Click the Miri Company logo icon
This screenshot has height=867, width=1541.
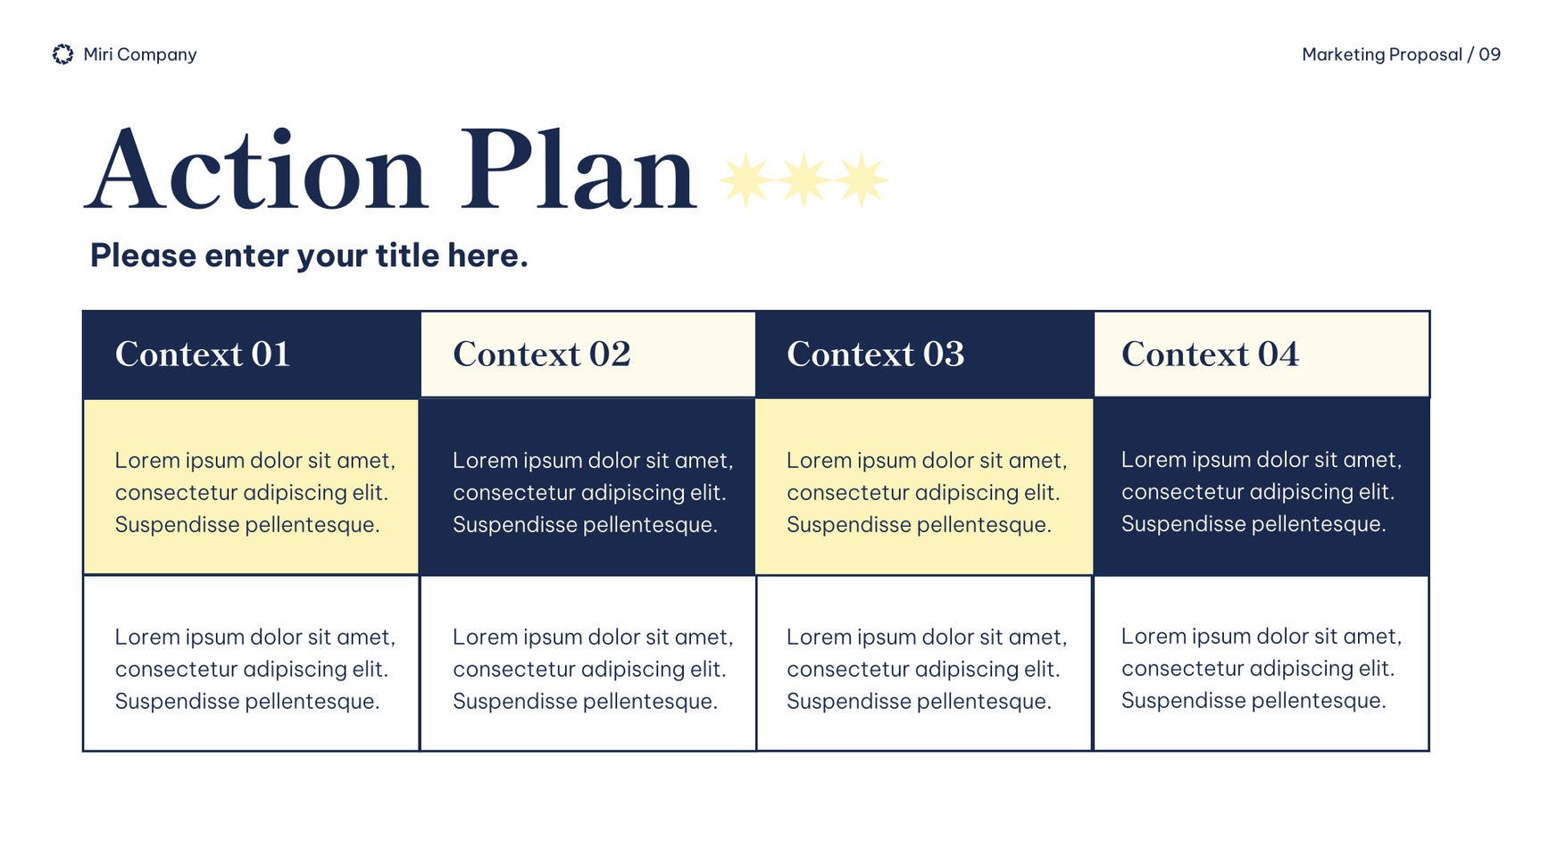coord(62,54)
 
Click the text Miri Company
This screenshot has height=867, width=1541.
coord(140,54)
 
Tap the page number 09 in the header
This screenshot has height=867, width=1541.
coord(1489,54)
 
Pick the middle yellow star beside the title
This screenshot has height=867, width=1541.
coord(804,180)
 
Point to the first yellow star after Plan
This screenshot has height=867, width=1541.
coord(746,180)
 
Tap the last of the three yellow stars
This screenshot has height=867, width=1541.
coord(862,180)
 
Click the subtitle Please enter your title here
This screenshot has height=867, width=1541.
coord(309,256)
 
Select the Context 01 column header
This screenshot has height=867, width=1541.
coord(251,354)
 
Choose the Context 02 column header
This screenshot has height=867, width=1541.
coord(587,354)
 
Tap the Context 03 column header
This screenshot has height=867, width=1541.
coord(924,354)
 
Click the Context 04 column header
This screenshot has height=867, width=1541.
coord(1262,354)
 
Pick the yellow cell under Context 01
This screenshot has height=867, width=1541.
coord(251,487)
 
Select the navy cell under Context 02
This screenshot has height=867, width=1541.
coord(587,487)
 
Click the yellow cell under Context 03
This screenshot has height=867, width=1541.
coord(924,487)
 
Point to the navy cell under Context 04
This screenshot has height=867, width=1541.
coord(1262,487)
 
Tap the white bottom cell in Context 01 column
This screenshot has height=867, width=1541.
coord(251,663)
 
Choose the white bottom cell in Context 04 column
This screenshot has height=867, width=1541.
coord(1262,663)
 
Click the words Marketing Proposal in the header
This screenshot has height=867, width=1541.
coord(1382,54)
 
